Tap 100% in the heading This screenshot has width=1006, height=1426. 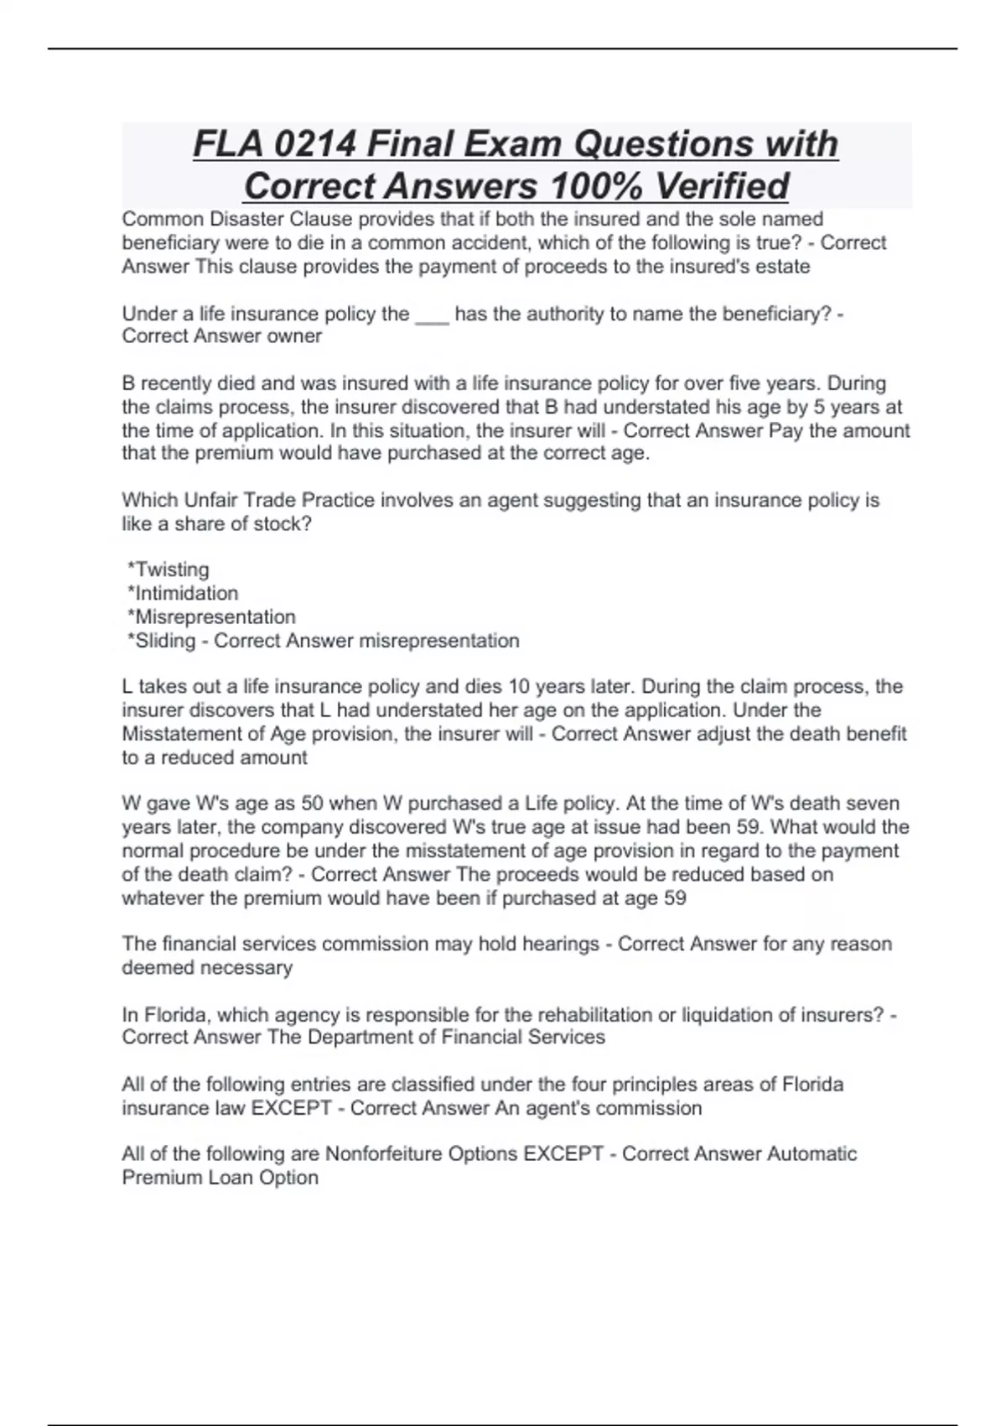pyautogui.click(x=594, y=186)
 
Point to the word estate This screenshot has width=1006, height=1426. pyautogui.click(x=782, y=267)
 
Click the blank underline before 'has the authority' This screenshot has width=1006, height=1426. pyautogui.click(x=432, y=315)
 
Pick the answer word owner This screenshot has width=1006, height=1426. pyautogui.click(x=294, y=336)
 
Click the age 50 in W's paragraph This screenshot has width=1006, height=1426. pyautogui.click(x=312, y=804)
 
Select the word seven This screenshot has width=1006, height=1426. pyautogui.click(x=872, y=804)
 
